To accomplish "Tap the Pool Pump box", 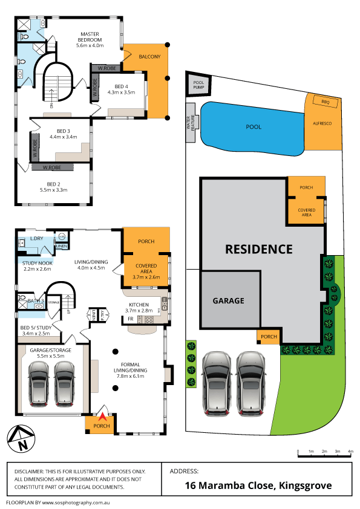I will point(199,85).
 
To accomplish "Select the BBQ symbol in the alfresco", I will point(324,102).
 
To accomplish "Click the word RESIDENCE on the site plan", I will point(258,248).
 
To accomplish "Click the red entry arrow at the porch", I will point(102,416).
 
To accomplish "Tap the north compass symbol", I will point(19,439).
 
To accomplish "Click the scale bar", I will point(325,451).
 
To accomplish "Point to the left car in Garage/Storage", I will point(40,383).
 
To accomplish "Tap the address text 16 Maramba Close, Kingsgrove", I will point(258,485).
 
